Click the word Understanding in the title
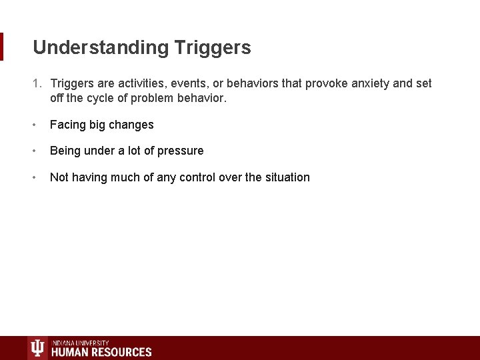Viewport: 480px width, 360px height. [101, 48]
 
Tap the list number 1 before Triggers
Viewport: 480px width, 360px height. [37, 83]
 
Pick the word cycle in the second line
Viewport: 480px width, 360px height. [103, 98]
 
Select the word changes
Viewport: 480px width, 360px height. [131, 125]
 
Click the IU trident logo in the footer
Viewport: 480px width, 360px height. [37, 348]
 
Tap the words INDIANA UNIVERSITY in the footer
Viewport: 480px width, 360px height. [80, 343]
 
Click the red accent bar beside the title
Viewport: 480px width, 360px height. [1, 47]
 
